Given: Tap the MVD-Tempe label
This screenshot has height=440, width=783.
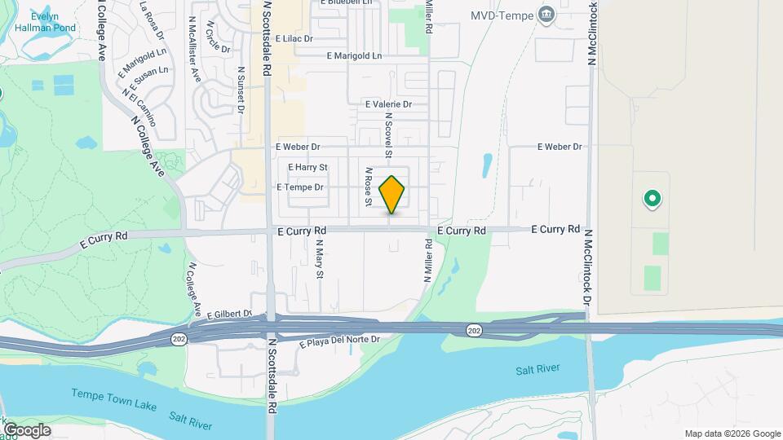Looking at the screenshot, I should tap(502, 15).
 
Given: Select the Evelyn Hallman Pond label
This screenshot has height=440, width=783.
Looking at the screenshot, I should tap(55, 21).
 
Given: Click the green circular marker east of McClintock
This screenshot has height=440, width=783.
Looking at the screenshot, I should tap(652, 198).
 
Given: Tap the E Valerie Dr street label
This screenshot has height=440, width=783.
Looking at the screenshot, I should tap(388, 104).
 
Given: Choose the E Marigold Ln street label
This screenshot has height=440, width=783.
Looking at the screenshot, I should tap(353, 56).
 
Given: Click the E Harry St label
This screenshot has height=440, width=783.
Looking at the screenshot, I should tap(307, 167).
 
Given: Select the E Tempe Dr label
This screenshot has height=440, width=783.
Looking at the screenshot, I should tap(300, 187).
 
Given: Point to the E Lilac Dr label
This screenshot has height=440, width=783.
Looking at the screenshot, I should tap(294, 38).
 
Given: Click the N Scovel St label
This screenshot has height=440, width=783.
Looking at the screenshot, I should tap(389, 139).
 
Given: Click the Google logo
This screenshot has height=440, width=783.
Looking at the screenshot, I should tap(26, 429).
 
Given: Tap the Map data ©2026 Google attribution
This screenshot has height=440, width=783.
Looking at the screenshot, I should tap(732, 433).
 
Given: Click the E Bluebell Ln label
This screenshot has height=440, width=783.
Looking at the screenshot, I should tap(346, 2).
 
